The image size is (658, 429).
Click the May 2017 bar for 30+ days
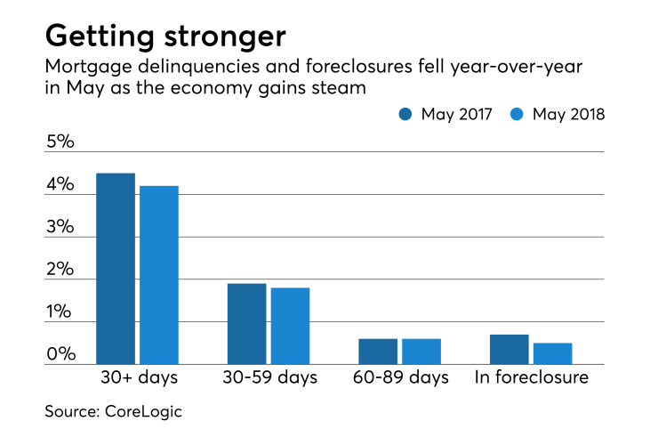[116, 269]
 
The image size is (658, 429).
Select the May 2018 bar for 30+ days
[159, 275]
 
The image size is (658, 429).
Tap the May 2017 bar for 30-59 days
[246, 324]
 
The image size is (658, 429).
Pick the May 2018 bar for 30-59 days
[290, 326]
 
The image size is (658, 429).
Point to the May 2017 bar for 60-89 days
[378, 352]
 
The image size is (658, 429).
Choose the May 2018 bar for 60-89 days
[421, 352]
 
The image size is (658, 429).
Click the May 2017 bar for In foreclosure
[510, 349]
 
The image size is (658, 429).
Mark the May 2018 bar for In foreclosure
[552, 353]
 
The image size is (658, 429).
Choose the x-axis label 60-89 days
[400, 377]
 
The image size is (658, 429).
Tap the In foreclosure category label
[531, 377]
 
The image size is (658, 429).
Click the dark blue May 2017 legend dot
[406, 114]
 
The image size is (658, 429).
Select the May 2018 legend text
[568, 114]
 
